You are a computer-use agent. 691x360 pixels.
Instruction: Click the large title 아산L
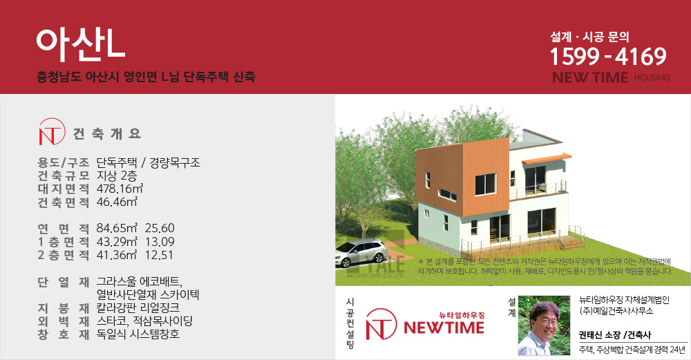[81, 46]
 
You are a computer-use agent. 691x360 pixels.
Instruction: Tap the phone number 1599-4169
[608, 57]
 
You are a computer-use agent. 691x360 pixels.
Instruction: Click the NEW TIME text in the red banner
[590, 77]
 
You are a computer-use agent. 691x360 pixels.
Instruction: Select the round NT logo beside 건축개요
[52, 132]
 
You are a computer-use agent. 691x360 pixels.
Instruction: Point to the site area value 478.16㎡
[120, 189]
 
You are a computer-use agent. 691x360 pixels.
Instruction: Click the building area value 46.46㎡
[117, 202]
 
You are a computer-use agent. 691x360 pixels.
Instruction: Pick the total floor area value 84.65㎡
[117, 228]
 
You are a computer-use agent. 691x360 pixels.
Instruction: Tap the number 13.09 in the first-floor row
[160, 242]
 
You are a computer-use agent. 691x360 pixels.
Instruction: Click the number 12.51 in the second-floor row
[159, 255]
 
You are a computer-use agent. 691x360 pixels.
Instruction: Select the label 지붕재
[64, 307]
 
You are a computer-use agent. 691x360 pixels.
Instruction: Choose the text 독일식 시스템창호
[138, 334]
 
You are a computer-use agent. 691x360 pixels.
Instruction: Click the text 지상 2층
[117, 176]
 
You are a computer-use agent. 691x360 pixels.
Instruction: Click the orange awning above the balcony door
[547, 158]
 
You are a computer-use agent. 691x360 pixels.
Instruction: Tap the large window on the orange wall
[485, 184]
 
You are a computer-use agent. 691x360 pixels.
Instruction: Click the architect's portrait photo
[544, 325]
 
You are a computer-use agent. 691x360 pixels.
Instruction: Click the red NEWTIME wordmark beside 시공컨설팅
[444, 328]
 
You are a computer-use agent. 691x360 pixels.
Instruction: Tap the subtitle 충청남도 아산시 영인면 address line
[146, 77]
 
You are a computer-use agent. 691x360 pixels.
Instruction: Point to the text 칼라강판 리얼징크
[138, 307]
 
